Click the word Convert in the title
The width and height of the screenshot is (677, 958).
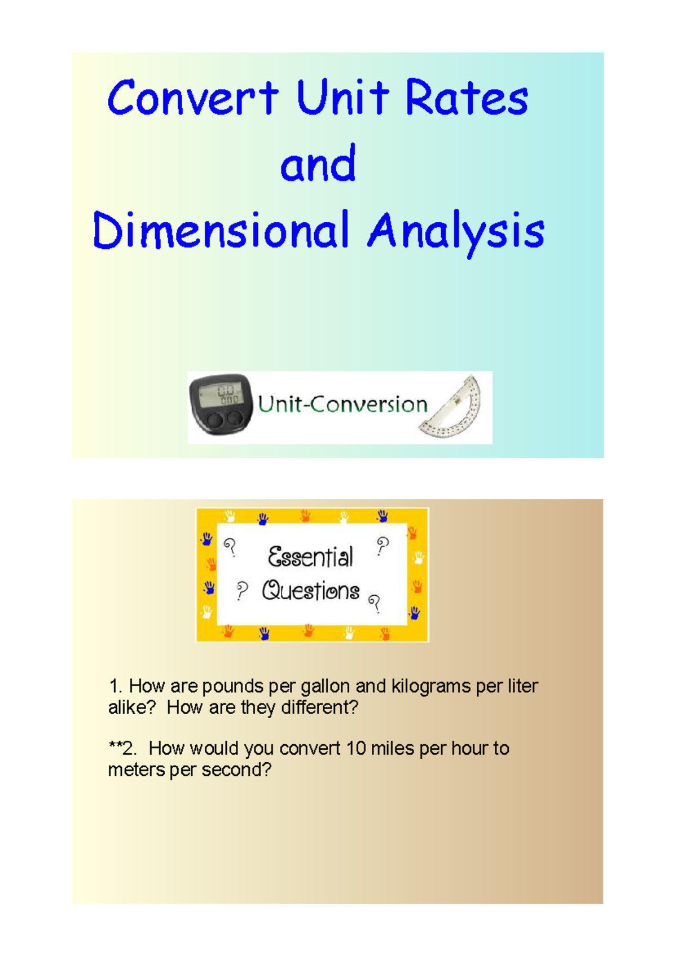point(192,98)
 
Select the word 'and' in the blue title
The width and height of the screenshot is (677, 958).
point(318,164)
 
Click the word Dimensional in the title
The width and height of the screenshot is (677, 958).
point(221,230)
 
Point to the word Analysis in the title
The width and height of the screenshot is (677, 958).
point(456,231)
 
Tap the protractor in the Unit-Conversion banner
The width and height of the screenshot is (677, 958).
point(454,407)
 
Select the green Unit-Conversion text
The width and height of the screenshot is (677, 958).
point(342,405)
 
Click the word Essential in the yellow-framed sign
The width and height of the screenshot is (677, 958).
point(310,557)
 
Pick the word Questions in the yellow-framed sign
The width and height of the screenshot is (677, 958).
point(311,591)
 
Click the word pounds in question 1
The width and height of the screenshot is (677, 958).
point(232,687)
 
